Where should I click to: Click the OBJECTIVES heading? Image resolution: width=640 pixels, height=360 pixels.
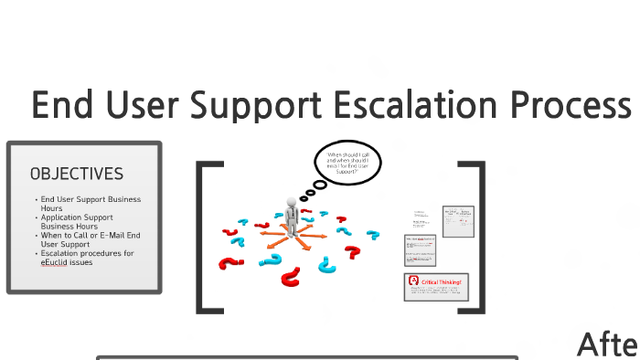[76, 174]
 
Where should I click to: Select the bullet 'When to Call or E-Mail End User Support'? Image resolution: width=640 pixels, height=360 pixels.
[90, 239]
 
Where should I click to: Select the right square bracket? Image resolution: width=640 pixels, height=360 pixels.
[474, 238]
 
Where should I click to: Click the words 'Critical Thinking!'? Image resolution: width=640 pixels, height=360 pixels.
[443, 282]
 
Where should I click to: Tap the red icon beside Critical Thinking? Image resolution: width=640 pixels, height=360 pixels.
[413, 282]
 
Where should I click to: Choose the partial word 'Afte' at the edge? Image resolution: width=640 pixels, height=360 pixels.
[607, 344]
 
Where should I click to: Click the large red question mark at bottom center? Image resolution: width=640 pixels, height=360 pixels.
[291, 274]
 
